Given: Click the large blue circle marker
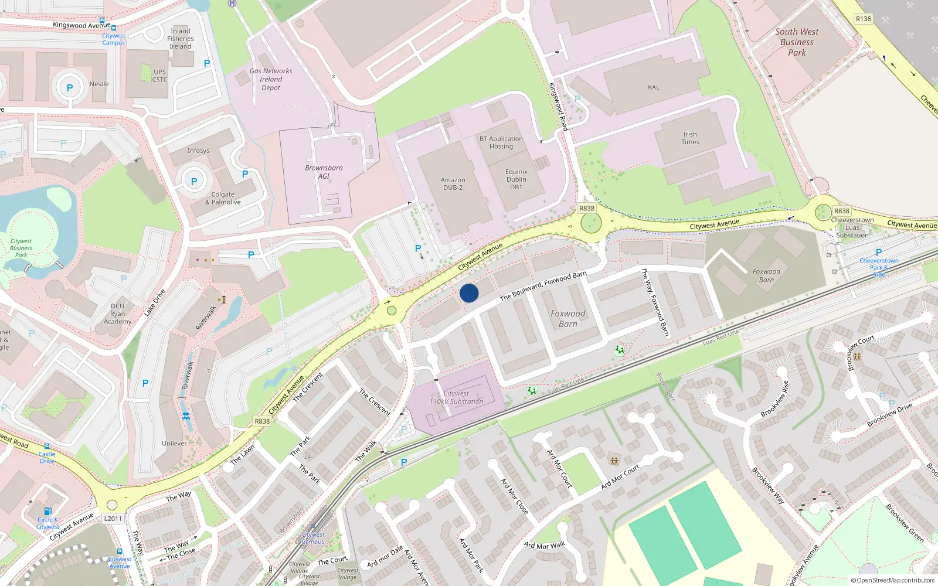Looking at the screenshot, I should coord(469,293).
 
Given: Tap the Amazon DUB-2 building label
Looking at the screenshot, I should coord(453,183).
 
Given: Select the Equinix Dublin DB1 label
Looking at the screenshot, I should coord(516,179).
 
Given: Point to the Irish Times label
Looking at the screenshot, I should coord(690,138).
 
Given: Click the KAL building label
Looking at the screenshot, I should coord(653,87).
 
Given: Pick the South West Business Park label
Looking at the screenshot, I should coord(797,42).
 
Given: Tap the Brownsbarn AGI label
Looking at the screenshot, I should coord(324,172).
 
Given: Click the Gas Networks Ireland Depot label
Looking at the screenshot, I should coord(271,79).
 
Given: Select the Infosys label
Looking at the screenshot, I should coord(198,151).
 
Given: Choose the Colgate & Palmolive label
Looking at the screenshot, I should coord(223,198).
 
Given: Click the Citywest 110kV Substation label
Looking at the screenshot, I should coord(456,397).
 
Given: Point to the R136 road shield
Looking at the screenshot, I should coord(863,19).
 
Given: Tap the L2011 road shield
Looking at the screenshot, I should coord(113,518).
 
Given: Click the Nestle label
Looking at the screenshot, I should coord(99,84).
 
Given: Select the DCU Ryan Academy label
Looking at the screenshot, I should coord(117,314).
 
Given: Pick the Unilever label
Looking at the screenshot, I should coord(175,444).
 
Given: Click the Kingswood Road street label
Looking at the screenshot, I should coord(558,106).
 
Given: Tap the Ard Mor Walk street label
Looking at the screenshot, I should coord(545,546).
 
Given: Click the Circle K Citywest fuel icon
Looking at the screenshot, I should coord(48,511).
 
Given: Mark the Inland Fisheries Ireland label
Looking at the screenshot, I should coord(181,39).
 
